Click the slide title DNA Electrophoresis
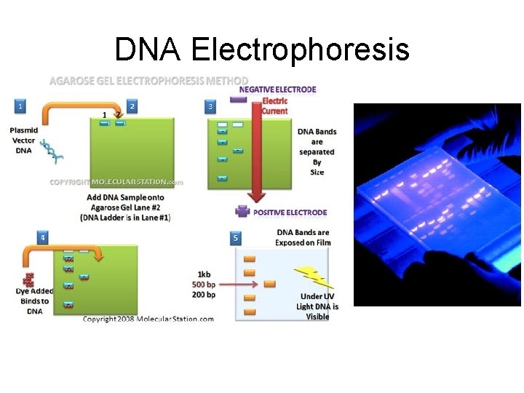pyautogui.click(x=262, y=49)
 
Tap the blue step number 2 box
pyautogui.click(x=132, y=106)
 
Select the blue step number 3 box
pyautogui.click(x=210, y=106)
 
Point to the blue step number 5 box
pyautogui.click(x=235, y=237)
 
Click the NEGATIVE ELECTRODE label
pyautogui.click(x=283, y=90)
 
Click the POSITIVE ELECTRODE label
pyautogui.click(x=290, y=213)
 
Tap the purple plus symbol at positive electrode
pyautogui.click(x=242, y=212)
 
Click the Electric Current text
pyautogui.click(x=275, y=106)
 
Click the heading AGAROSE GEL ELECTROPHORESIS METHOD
pyautogui.click(x=148, y=80)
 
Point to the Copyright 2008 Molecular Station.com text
pyautogui.click(x=148, y=319)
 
